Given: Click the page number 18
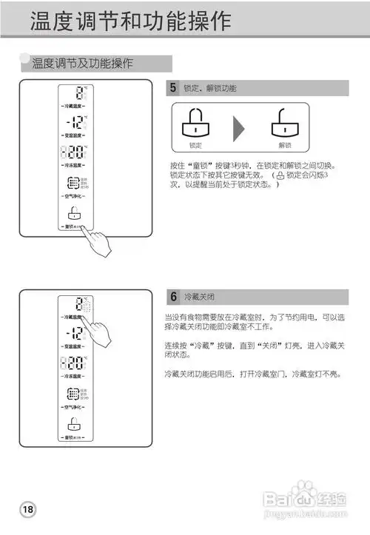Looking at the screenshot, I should pyautogui.click(x=28, y=510).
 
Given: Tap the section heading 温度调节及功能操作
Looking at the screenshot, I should pyautogui.click(x=82, y=64).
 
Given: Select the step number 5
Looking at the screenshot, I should pyautogui.click(x=172, y=89).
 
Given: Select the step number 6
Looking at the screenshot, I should pyautogui.click(x=172, y=297).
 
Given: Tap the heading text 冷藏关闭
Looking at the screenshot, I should pyautogui.click(x=199, y=297).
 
